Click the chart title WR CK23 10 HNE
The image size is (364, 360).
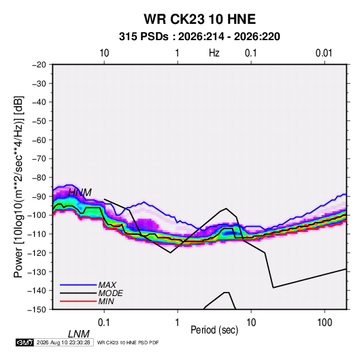tap(199, 19)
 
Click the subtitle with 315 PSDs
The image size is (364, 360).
tap(199, 37)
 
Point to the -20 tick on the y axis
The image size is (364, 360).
tap(39, 65)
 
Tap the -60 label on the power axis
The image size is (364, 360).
tap(39, 140)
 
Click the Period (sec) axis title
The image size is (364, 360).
tap(214, 330)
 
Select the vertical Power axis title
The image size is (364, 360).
tap(18, 186)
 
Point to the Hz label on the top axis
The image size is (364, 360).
tap(214, 53)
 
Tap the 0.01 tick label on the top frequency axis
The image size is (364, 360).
tap(324, 53)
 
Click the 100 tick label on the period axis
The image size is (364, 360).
tap(325, 323)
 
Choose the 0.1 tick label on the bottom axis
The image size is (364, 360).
tap(104, 323)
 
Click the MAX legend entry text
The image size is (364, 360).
tap(107, 285)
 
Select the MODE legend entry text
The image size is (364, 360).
tap(110, 293)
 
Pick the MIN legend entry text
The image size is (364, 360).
tap(106, 301)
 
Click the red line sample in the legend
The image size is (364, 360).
tap(78, 301)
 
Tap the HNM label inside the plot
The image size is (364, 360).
tap(80, 193)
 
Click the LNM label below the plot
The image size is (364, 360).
tap(79, 334)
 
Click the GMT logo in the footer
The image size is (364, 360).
tap(25, 342)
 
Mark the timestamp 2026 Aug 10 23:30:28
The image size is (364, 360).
tap(63, 342)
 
